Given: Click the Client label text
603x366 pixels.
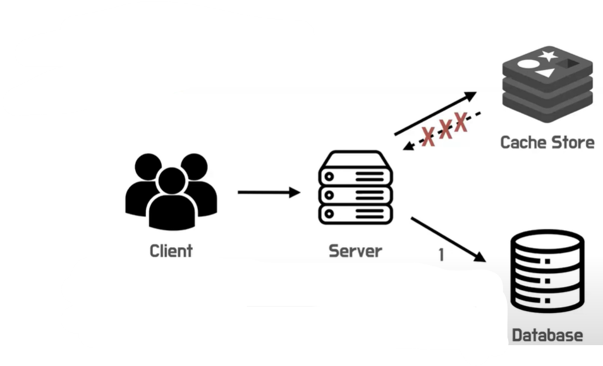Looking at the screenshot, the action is (171, 251).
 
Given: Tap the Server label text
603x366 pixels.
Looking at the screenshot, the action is (355, 251).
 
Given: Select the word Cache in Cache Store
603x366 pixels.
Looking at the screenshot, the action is (523, 142).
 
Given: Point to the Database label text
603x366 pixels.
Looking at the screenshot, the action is (547, 335).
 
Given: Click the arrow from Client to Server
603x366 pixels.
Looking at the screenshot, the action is (269, 192).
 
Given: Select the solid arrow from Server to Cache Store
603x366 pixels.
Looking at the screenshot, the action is (435, 113).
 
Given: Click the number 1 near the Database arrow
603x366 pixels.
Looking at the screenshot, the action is (441, 255).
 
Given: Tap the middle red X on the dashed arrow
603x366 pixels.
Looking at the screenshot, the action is (446, 129).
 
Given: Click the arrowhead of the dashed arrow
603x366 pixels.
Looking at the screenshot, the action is (408, 146).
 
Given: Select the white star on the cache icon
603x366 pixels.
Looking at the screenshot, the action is (548, 56).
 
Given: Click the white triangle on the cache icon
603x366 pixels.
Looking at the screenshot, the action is (546, 72).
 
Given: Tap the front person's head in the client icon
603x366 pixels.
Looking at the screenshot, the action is (172, 181).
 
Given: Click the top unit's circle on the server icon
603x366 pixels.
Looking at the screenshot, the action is (329, 176).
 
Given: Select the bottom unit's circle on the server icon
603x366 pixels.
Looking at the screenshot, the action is (329, 214).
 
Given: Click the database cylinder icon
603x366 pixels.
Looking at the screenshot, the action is (547, 271).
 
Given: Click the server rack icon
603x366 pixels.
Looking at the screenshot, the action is (355, 187).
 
